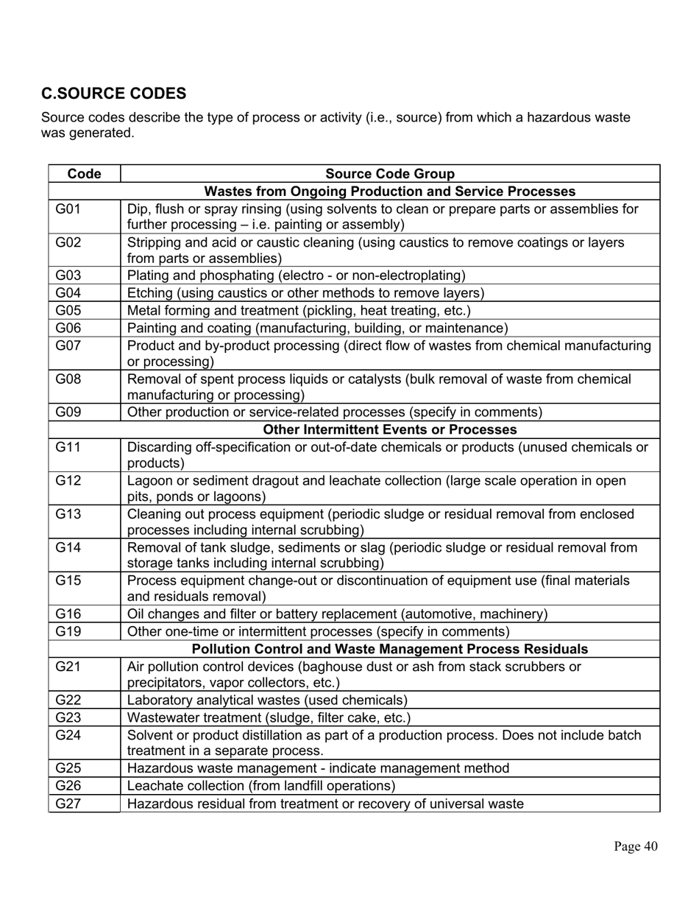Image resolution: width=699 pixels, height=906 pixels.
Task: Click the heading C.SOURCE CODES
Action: coord(113,94)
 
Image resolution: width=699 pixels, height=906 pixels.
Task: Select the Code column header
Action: coord(84,174)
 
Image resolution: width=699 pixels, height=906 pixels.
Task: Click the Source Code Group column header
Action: coord(389,174)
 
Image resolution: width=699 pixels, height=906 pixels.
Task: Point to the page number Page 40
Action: coord(636,846)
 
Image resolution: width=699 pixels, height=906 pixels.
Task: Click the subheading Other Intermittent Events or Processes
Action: coord(389,429)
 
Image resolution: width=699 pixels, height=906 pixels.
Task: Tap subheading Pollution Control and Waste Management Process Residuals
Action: coord(389,649)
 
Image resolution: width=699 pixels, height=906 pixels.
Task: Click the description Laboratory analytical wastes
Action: coord(267,700)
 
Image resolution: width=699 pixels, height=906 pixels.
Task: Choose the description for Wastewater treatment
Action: coord(269,717)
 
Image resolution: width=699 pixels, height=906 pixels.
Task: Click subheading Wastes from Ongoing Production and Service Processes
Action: coord(389,192)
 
